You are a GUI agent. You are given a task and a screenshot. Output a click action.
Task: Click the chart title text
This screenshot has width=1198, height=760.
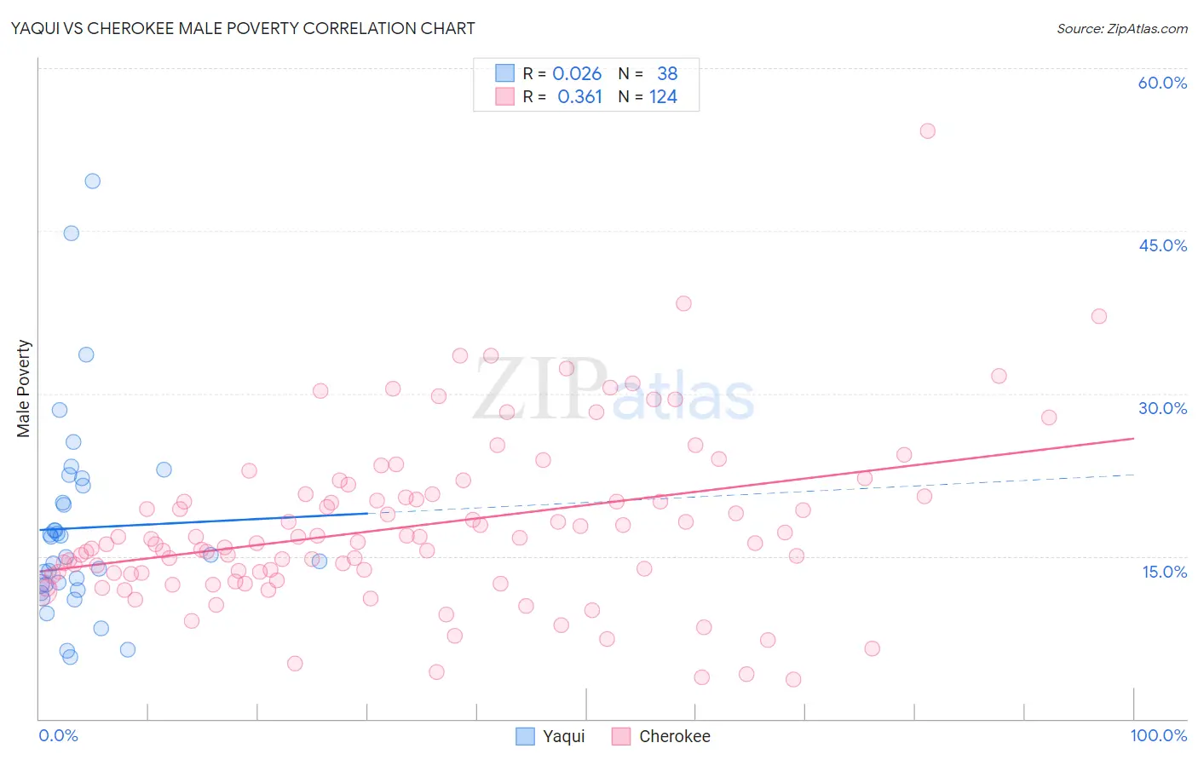243,28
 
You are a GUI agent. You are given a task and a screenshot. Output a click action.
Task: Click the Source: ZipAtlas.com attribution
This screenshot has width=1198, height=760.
1121,28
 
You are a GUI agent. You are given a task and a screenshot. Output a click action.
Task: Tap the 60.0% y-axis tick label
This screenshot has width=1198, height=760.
1162,83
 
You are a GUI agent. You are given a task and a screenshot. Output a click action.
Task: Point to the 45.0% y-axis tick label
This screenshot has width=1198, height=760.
1162,245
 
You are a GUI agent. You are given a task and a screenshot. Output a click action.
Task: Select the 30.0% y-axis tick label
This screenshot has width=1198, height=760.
1162,408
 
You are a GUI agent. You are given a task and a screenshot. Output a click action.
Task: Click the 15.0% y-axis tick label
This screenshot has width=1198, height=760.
1164,572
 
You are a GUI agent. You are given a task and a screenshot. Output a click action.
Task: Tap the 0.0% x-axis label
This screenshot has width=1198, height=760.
58,735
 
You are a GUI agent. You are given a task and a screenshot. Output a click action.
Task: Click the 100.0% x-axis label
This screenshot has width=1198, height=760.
1158,735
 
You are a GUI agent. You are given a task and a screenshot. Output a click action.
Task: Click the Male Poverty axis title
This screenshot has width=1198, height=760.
23,389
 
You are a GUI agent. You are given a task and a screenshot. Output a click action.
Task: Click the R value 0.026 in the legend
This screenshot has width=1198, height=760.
577,74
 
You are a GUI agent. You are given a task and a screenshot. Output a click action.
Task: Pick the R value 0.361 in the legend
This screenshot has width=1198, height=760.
579,97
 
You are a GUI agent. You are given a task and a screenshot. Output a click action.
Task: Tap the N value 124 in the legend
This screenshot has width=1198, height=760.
663,97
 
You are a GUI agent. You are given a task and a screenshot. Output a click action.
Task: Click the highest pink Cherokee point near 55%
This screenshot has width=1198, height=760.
927,131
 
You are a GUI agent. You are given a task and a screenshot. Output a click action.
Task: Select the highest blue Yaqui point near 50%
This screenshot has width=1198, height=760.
92,181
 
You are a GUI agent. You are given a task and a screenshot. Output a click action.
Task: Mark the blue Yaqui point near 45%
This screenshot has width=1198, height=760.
71,233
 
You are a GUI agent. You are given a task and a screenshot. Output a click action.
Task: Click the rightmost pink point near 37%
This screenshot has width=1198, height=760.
1098,316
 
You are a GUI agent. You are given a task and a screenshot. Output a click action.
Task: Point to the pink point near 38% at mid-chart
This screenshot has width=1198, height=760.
683,303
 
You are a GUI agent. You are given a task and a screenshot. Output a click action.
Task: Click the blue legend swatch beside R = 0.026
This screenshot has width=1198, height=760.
505,74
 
